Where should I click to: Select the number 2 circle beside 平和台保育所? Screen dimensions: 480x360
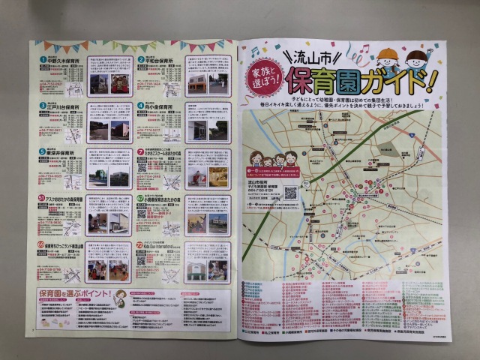(140, 58)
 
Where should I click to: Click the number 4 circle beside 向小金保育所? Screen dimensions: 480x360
(140, 107)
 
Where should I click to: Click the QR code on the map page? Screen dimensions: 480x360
(292, 192)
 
